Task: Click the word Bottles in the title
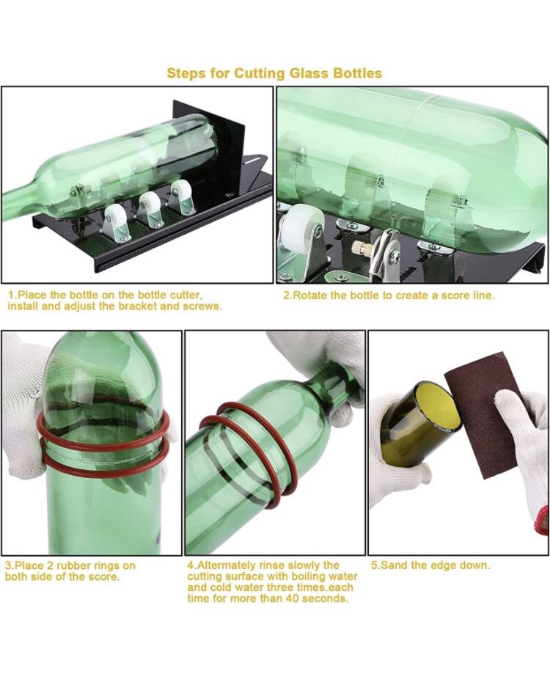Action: [x=357, y=73]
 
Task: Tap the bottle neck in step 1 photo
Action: [x=21, y=200]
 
